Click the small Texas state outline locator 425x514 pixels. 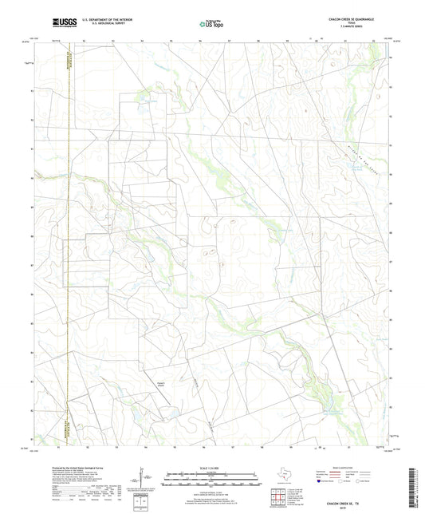284,476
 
